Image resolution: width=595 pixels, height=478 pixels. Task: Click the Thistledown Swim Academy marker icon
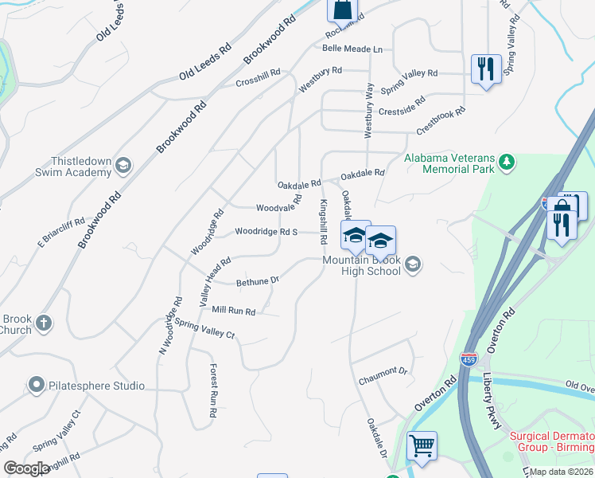click(123, 165)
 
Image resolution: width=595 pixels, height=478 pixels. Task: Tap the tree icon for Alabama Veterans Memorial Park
click(507, 164)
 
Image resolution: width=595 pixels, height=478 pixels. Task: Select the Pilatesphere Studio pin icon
click(36, 386)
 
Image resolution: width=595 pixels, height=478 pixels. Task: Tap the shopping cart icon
click(422, 445)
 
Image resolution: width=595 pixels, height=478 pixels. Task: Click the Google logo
click(26, 468)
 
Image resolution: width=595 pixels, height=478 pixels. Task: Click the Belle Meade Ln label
click(352, 49)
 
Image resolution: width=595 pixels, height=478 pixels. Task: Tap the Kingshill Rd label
click(324, 221)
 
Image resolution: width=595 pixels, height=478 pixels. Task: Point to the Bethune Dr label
click(258, 281)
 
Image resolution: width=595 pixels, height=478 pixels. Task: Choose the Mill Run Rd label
click(233, 311)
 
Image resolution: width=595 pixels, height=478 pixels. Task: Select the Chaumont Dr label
click(383, 371)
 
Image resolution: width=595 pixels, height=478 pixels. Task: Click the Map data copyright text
click(562, 470)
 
